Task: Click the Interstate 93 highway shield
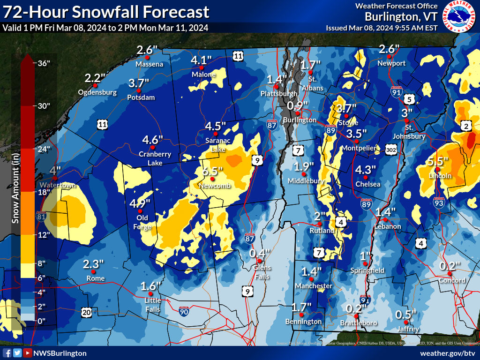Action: (439, 203)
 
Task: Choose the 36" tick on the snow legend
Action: (43, 64)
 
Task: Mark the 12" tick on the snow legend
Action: (43, 235)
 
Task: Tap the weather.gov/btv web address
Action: (448, 353)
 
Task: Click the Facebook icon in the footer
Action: (7, 353)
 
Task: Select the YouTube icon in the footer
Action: (28, 353)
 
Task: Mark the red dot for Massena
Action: (149, 57)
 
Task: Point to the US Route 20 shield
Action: (86, 312)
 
